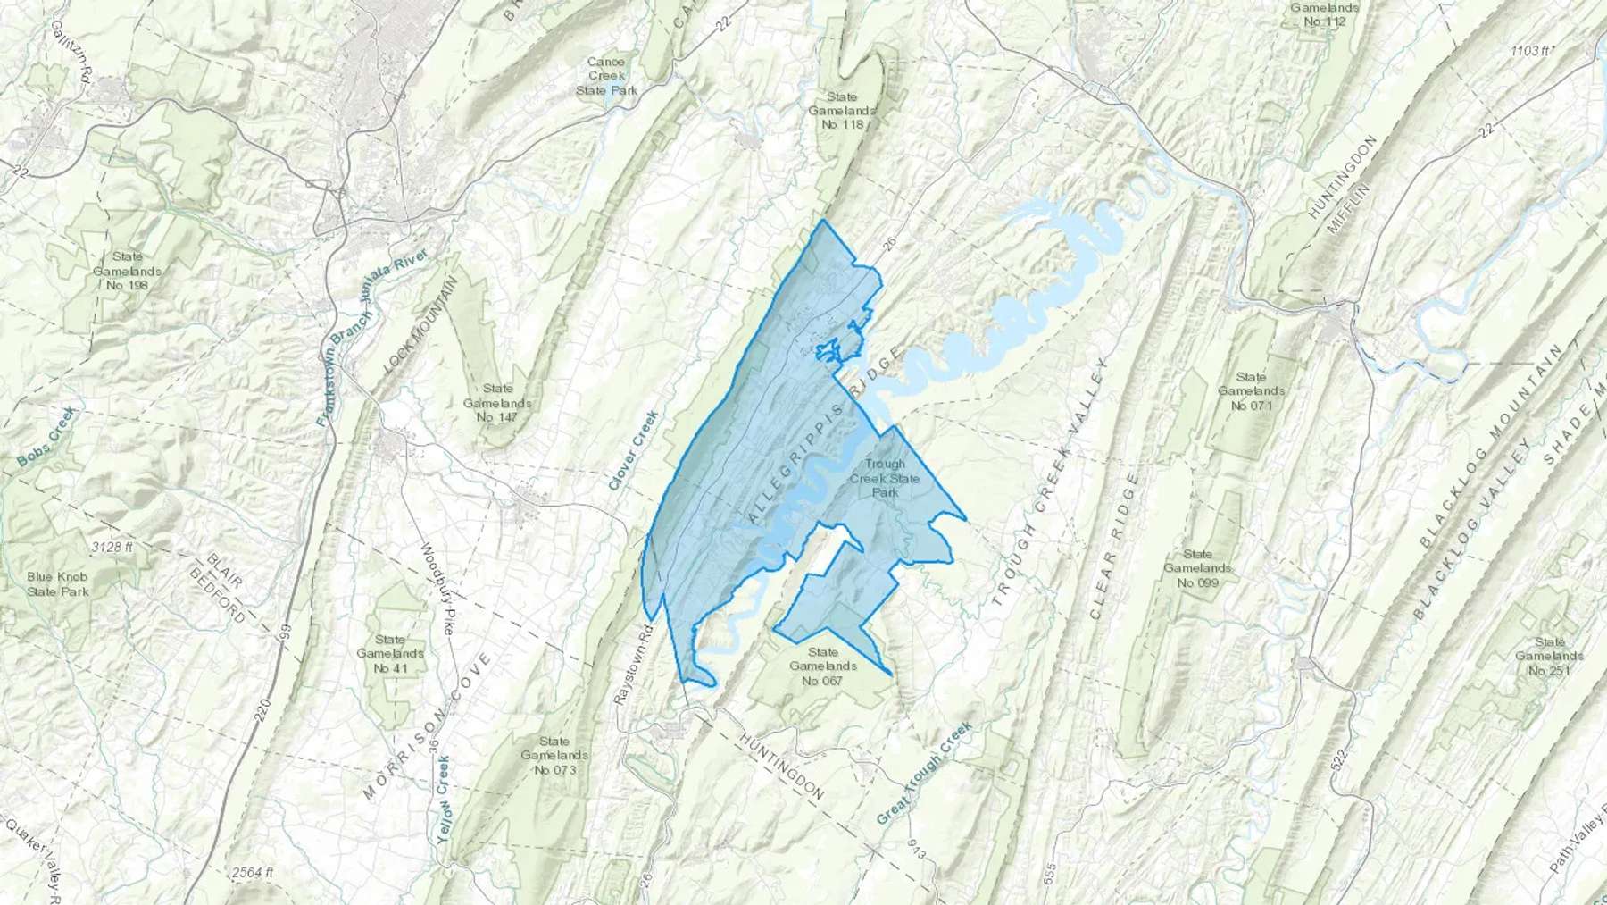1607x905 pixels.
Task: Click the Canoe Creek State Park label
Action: pos(606,76)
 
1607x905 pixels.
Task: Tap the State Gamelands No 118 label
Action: pos(842,110)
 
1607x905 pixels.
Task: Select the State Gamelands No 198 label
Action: pos(126,271)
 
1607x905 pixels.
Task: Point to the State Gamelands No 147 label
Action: pos(497,402)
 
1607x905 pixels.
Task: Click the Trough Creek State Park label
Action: pos(884,478)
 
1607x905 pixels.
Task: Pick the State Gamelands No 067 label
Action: pos(823,666)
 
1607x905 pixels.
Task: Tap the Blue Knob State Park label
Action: pos(58,583)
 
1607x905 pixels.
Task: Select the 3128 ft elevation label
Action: pos(112,547)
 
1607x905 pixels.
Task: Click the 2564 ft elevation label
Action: pos(252,872)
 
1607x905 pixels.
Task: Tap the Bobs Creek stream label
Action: pos(47,437)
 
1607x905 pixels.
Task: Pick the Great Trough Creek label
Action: pos(923,773)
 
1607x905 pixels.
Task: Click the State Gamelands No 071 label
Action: pos(1250,391)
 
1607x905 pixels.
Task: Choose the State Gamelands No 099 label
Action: pos(1197,568)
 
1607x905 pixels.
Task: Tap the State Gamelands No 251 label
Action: pos(1549,656)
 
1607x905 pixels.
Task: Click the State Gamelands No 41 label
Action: pos(389,653)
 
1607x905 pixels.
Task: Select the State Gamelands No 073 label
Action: pos(554,755)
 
